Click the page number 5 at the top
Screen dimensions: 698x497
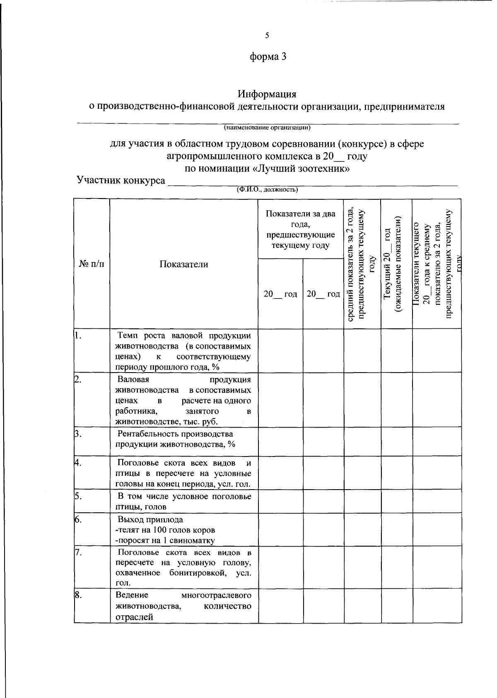267,36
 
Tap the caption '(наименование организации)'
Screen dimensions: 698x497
268,127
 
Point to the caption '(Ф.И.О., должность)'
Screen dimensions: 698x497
267,190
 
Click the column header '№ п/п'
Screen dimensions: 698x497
92,264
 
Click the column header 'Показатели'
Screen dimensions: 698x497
184,264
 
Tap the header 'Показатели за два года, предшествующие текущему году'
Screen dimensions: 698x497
301,229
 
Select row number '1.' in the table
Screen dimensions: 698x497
77,335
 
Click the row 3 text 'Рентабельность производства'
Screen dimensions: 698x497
176,434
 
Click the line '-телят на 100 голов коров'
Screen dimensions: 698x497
165,530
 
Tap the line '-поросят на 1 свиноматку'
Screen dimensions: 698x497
165,540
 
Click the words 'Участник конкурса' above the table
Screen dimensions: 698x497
121,180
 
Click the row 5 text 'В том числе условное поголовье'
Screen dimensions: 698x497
184,496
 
